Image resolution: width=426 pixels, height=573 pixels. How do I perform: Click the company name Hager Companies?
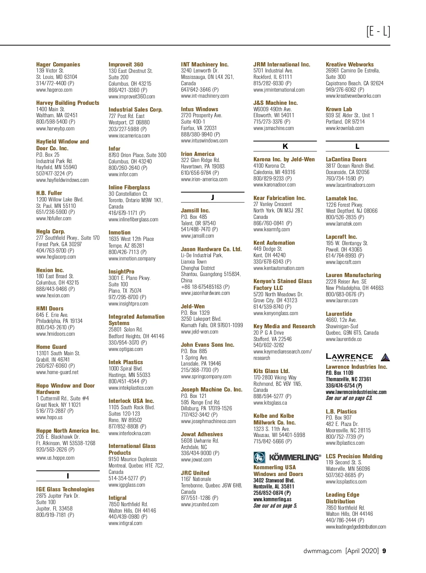58,64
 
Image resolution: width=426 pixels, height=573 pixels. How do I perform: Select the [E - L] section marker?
378,32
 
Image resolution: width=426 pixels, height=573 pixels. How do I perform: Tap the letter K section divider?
285,146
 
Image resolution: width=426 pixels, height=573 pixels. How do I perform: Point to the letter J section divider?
212,198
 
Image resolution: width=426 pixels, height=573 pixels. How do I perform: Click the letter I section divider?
68,476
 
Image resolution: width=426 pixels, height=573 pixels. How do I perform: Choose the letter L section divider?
357,146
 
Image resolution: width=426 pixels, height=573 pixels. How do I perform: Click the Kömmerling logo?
287,457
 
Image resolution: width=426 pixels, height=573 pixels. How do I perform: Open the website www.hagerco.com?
54,90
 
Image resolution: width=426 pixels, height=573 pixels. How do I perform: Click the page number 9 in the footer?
384,551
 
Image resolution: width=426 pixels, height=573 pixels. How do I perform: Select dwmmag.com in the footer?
322,551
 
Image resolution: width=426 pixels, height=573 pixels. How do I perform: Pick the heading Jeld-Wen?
193,306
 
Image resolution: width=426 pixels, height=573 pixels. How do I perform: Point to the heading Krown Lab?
339,109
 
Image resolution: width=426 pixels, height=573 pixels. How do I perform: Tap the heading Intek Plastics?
126,362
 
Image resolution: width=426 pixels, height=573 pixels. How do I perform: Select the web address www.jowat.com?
196,460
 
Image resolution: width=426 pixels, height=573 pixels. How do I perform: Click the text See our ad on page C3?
349,398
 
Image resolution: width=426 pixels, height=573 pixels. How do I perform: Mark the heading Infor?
114,148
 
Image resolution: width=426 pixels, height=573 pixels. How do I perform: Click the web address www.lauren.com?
342,301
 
